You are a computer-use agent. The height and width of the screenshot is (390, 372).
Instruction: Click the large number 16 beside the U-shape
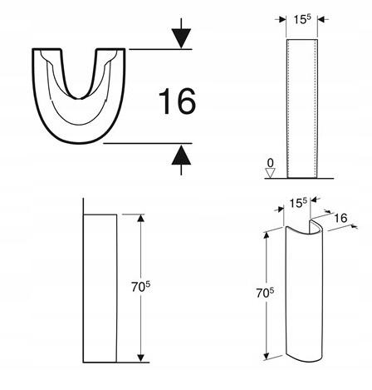(177, 101)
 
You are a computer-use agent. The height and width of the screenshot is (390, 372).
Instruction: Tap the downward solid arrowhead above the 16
(181, 38)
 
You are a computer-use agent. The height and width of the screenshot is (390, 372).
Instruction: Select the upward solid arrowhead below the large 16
(181, 155)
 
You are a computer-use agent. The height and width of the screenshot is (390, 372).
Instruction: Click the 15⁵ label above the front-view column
(301, 19)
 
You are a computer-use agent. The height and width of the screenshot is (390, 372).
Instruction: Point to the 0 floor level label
(271, 162)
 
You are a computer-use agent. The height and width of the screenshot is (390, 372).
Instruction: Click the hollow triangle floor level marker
(270, 173)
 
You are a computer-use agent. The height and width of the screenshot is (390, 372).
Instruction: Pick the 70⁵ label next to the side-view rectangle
(140, 287)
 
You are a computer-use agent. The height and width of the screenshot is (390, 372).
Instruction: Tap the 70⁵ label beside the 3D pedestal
(265, 293)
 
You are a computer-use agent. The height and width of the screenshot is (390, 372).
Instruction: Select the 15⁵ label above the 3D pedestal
(298, 203)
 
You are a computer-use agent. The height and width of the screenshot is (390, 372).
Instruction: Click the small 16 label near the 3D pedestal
(340, 218)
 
